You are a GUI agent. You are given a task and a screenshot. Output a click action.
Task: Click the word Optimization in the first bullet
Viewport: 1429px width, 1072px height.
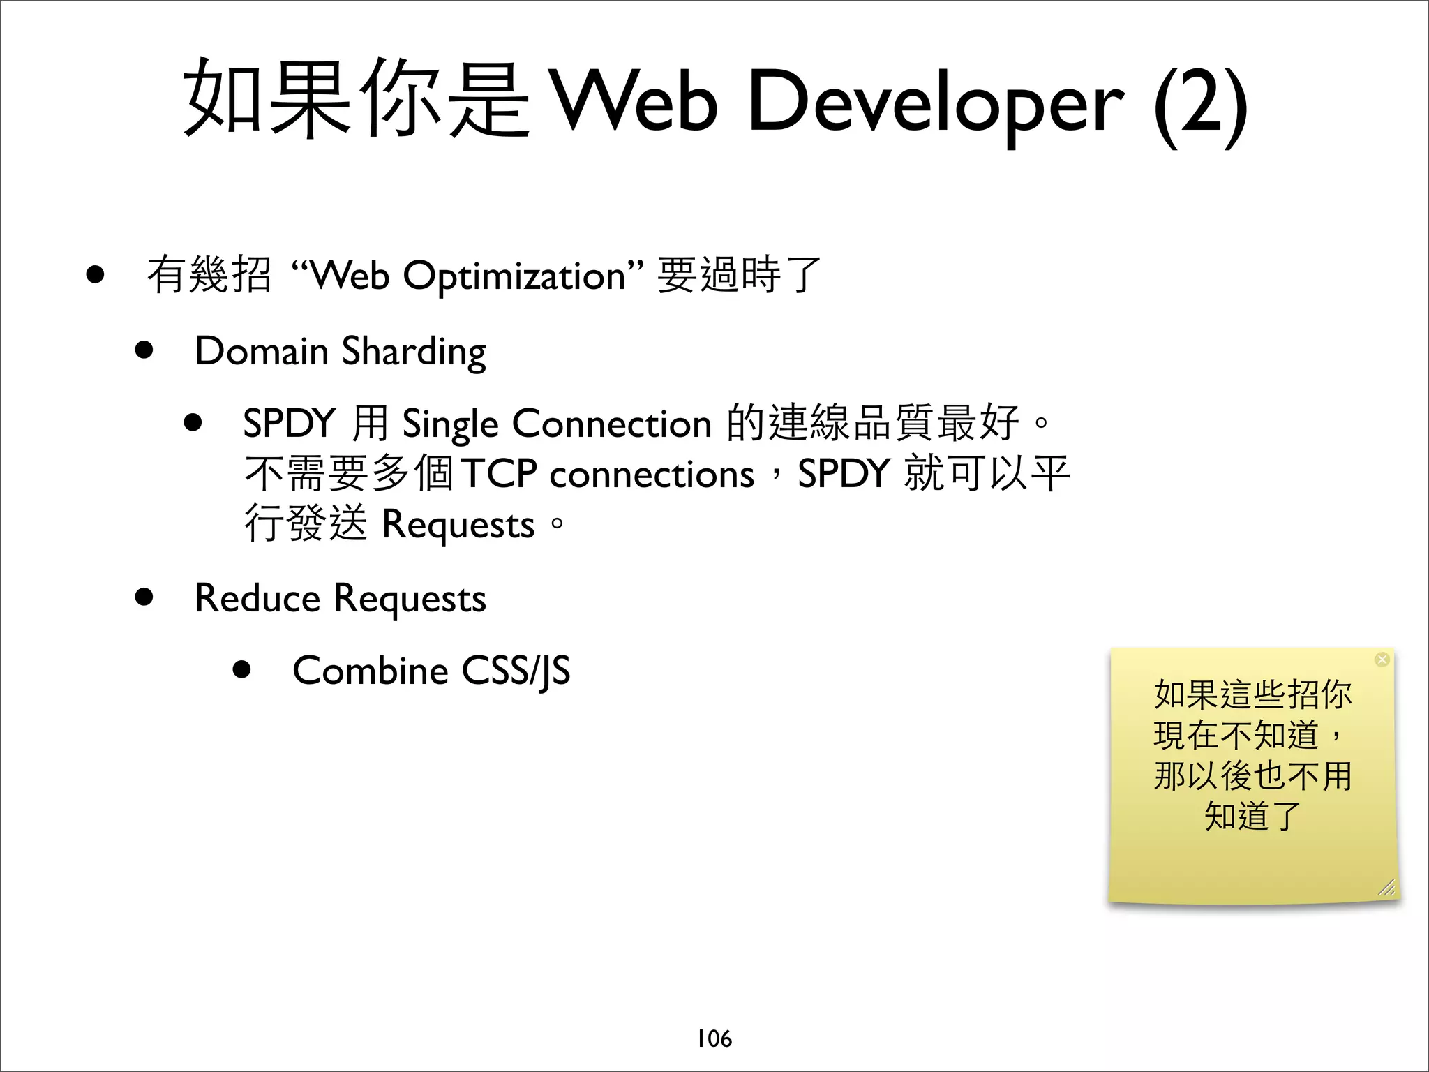514,276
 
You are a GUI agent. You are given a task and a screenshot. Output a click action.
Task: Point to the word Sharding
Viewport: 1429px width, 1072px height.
414,351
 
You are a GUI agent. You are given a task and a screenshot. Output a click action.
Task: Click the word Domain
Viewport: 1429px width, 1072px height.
262,350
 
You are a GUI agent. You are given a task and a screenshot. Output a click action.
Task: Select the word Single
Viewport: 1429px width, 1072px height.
450,424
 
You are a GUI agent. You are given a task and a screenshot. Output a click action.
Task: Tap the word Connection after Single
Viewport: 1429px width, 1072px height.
612,424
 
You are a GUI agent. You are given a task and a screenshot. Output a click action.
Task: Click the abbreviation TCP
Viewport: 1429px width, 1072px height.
499,474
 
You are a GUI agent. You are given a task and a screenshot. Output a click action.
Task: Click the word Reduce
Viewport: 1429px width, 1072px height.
257,598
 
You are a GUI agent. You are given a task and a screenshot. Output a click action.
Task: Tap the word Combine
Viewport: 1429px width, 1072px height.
370,671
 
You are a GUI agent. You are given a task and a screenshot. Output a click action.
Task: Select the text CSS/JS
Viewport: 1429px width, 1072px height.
516,671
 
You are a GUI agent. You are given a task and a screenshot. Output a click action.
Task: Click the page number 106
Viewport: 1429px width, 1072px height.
714,1038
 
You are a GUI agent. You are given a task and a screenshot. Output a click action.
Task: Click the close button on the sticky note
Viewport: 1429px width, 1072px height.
1382,660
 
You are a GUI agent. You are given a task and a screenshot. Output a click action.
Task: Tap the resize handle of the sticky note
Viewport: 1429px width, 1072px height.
1386,887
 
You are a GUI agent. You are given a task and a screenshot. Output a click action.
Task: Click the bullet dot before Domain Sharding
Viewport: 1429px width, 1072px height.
144,350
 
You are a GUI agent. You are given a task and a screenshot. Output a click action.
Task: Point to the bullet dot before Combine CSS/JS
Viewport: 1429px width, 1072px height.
242,670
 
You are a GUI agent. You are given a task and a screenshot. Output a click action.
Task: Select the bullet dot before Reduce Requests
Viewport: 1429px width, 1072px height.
144,597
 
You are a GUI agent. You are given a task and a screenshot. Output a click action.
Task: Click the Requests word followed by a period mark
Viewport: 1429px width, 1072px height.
458,525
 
